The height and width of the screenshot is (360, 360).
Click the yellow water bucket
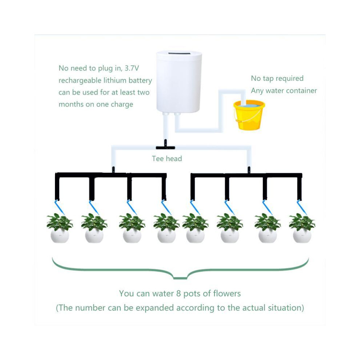coord(249,115)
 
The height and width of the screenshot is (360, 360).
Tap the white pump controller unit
coord(179,83)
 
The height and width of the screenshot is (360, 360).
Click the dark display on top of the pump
coord(179,54)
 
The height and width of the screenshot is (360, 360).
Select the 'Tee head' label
coord(167,159)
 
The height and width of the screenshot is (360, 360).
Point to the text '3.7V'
coord(132,68)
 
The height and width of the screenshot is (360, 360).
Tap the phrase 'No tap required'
coord(277,79)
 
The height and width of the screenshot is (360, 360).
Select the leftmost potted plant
coord(60,228)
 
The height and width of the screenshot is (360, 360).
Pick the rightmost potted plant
coord(302,228)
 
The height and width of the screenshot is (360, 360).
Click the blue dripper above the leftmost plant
coord(59,207)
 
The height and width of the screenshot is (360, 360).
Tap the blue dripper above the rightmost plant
coord(302,207)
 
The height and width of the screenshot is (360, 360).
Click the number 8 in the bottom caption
coord(179,294)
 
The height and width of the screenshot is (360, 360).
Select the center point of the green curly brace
coord(180,278)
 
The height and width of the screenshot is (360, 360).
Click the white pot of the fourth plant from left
coord(167,236)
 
